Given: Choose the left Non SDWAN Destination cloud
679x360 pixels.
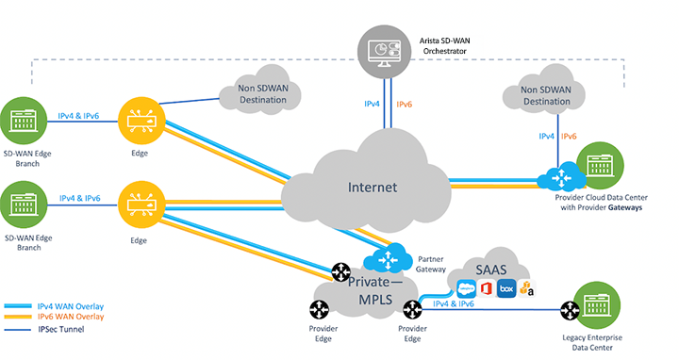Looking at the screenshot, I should point(257,94).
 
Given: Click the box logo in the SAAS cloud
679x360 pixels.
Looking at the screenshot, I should point(505,289).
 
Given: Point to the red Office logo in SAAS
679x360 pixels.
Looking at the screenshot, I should point(487,289).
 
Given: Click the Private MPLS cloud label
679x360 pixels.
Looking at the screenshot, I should point(373,289).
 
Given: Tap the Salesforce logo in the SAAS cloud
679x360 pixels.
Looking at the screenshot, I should point(466,289).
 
